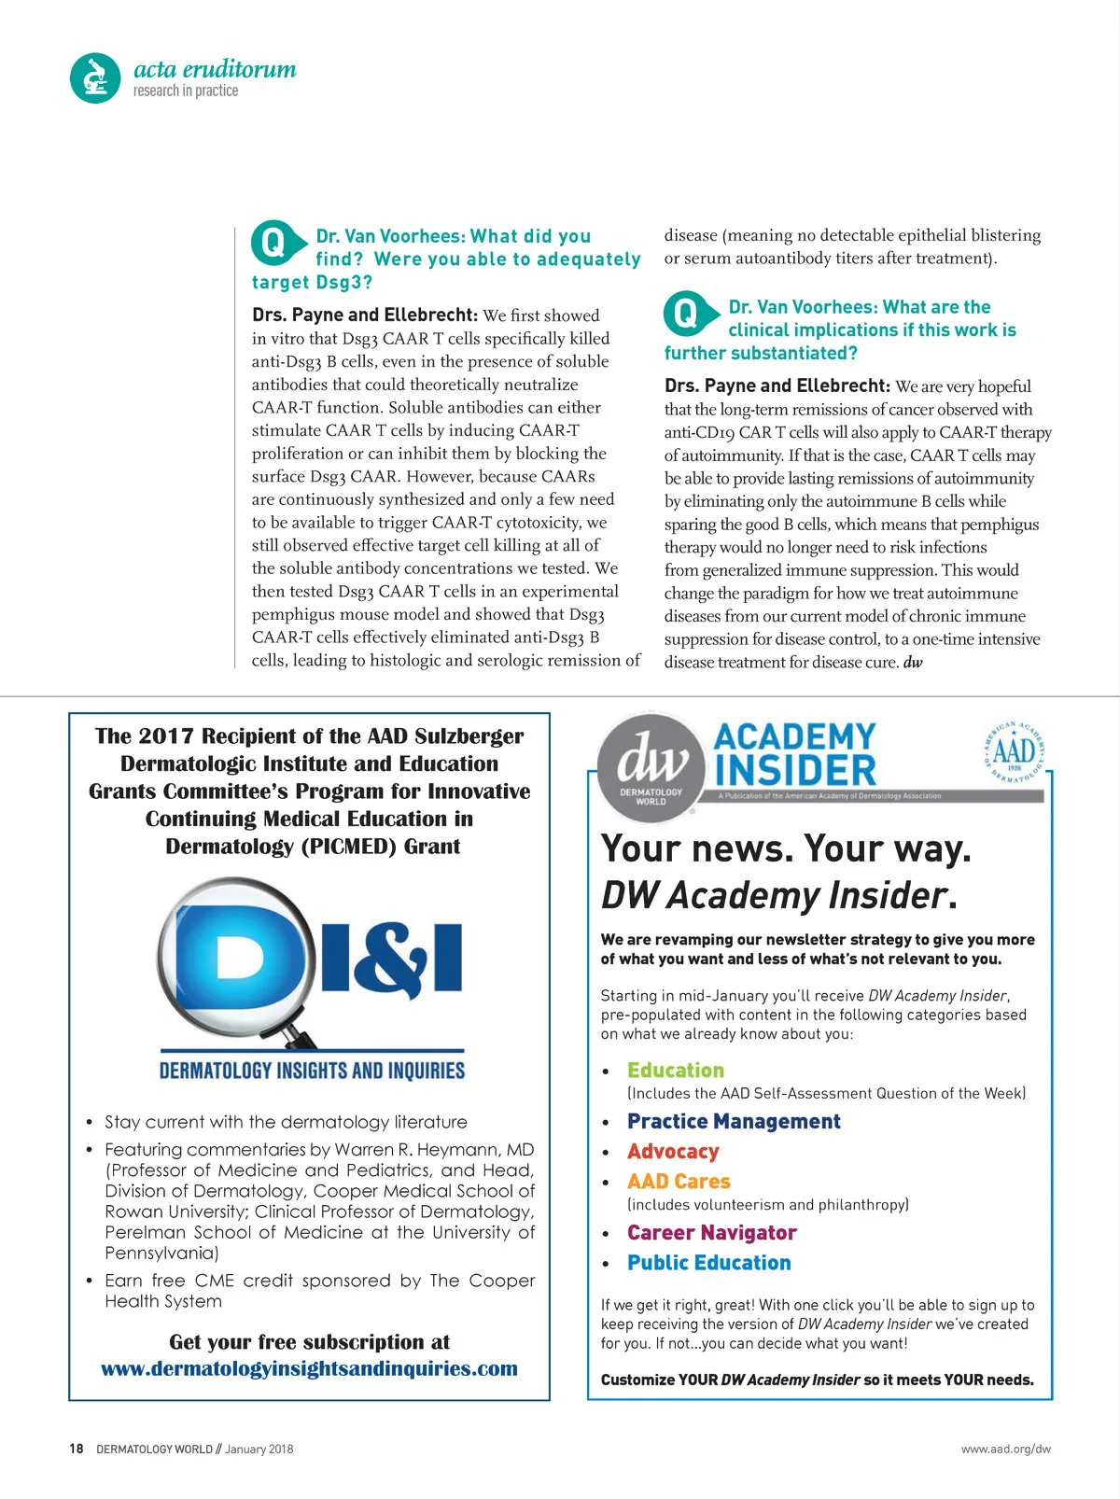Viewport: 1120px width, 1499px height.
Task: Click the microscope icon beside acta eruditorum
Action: coord(95,78)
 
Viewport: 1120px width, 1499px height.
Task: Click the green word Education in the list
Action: coord(676,1071)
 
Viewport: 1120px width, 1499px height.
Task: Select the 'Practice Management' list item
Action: coord(734,1121)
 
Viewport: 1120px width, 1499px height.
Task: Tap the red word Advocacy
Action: coord(673,1152)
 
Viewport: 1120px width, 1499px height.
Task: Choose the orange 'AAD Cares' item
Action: coord(679,1182)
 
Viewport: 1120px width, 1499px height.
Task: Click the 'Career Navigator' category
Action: coord(712,1233)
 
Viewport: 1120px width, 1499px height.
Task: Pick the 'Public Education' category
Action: coord(709,1263)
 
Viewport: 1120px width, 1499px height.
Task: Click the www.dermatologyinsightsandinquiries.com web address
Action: coord(309,1368)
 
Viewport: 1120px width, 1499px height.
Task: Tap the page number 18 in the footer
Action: coord(77,1449)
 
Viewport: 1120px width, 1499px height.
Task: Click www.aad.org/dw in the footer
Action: coord(1005,1450)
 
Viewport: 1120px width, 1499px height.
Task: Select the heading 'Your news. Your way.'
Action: coord(786,848)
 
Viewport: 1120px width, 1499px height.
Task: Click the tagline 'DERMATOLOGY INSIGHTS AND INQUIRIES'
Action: coord(312,1071)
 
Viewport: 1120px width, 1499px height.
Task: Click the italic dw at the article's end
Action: coord(913,663)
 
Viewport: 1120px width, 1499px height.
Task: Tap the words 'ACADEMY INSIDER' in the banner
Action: coord(795,754)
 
